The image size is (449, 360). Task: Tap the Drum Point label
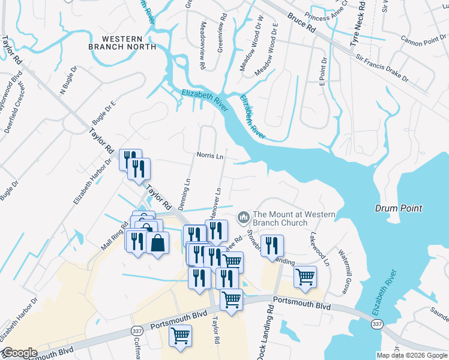click(399, 208)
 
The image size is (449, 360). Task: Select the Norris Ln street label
click(210, 155)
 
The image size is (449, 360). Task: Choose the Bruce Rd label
click(301, 23)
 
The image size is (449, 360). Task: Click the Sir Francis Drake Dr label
click(382, 69)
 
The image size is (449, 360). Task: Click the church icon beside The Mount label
click(244, 216)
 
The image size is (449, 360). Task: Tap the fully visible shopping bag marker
click(157, 244)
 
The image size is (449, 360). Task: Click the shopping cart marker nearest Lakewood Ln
click(306, 277)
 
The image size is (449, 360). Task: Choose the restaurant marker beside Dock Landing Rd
click(272, 245)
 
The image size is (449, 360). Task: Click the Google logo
click(20, 353)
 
